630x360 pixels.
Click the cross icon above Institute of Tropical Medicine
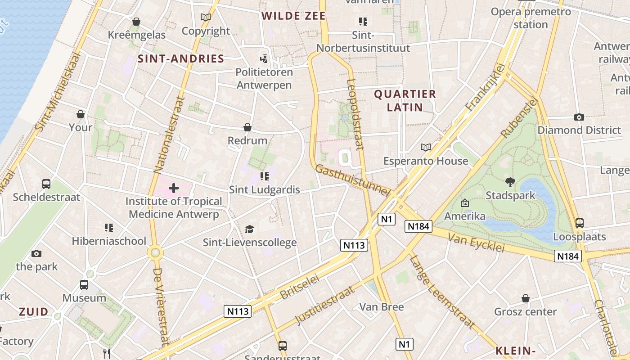point(174,188)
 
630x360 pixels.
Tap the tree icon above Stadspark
point(510,182)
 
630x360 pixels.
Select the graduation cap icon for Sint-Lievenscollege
point(250,229)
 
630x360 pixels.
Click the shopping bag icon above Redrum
point(247,127)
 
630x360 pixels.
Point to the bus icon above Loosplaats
point(580,223)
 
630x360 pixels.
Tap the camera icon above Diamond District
point(579,117)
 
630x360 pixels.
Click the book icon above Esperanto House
point(426,147)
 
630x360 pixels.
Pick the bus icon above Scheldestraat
point(46,184)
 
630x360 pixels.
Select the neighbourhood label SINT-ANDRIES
point(181,58)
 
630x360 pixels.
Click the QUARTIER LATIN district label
point(405,100)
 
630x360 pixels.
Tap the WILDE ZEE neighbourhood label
point(293,16)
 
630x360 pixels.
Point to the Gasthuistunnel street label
point(352,180)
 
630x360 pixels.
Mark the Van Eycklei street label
point(477,243)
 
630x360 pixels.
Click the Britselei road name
point(299,287)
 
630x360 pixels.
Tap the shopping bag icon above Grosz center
point(525,298)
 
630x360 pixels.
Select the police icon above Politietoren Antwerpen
point(264,58)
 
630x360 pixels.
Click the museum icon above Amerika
point(465,203)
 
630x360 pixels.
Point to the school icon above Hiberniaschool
point(108,228)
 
